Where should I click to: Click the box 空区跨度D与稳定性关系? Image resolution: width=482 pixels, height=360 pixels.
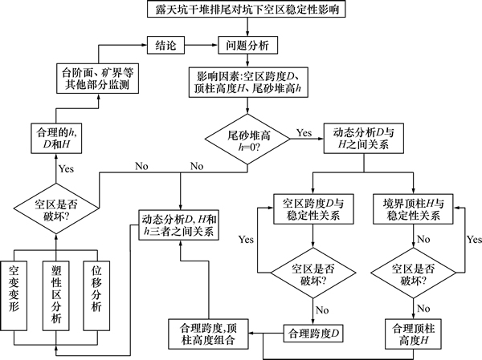click(x=307, y=209)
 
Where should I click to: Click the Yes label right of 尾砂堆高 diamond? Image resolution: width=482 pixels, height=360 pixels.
click(x=304, y=130)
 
